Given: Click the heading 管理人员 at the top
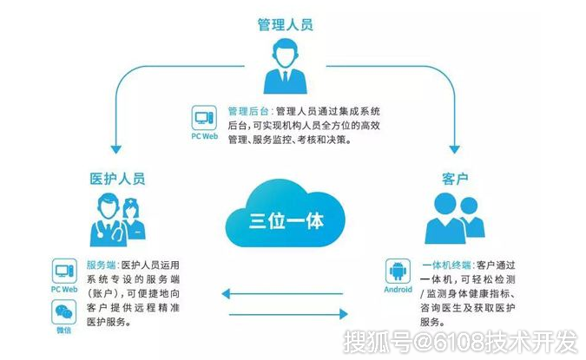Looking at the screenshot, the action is (285, 24).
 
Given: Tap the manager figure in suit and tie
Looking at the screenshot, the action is (285, 66).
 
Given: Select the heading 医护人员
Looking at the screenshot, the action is (117, 179).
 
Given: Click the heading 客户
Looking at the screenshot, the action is (455, 179).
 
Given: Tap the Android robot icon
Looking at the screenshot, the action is (398, 272).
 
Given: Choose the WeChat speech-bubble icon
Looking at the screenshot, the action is (64, 312).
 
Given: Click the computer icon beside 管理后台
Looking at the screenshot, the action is (204, 118).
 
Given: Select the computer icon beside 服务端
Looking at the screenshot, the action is (64, 271).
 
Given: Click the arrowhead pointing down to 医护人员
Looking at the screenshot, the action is (116, 149).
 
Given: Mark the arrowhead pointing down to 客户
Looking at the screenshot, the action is (454, 149).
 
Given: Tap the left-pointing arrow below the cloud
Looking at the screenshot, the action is (282, 294).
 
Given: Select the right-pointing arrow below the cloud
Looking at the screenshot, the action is (288, 314).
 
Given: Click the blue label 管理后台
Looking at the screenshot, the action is (248, 111).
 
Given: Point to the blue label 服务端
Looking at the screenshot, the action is (101, 265).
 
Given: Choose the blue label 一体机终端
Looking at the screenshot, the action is (446, 265).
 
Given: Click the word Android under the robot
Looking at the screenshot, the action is (398, 290).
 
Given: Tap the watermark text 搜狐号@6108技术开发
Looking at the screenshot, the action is (460, 341).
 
